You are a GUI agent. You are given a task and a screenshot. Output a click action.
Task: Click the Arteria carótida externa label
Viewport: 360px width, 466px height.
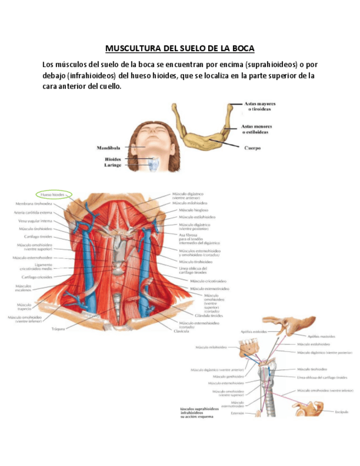34,212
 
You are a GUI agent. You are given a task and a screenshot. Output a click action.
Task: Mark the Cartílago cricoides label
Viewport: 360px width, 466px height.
26,278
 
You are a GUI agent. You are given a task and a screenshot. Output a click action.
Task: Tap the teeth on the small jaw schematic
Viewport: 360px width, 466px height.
251,343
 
